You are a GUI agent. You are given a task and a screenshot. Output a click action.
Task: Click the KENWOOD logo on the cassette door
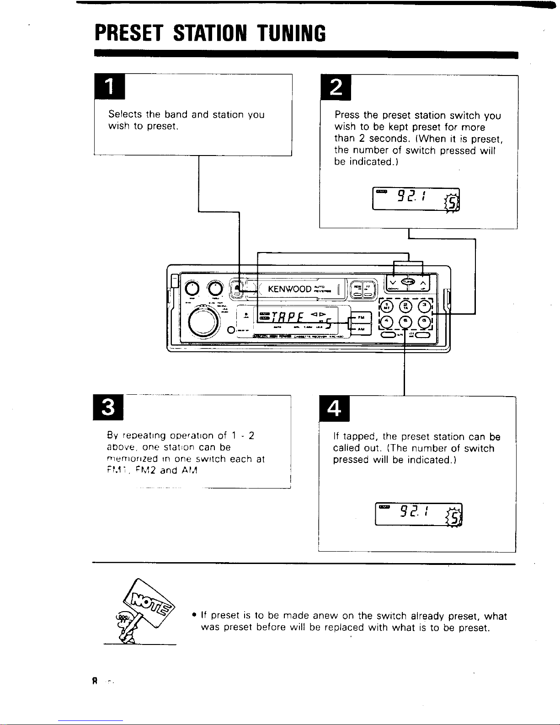[x=290, y=289]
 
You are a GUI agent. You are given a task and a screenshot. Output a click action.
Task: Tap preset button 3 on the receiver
[x=425, y=305]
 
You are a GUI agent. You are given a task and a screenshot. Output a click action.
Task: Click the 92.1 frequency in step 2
[x=412, y=197]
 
